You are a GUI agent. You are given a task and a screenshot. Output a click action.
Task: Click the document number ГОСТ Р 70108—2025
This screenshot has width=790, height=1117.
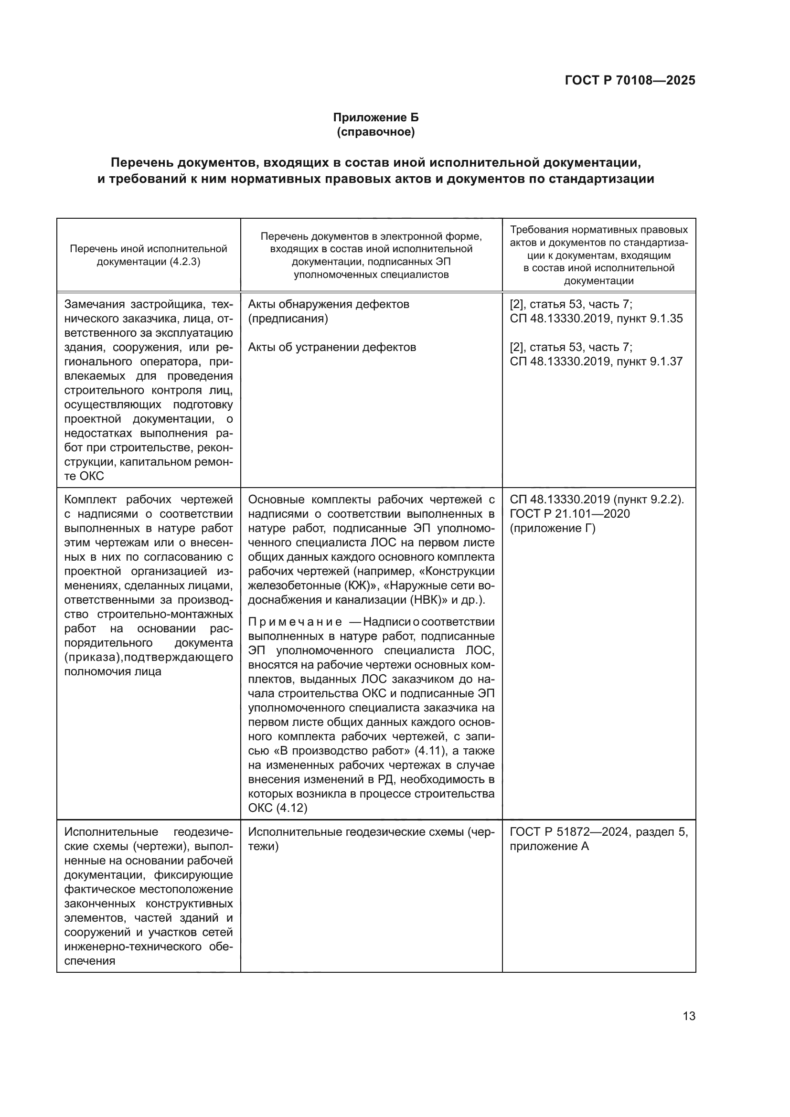pos(630,81)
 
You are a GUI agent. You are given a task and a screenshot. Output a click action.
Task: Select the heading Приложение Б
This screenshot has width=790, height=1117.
pos(375,118)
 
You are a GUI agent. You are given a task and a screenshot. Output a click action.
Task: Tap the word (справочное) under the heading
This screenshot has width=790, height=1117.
pos(375,132)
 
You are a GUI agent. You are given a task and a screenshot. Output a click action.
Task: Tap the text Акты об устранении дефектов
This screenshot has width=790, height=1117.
pos(332,347)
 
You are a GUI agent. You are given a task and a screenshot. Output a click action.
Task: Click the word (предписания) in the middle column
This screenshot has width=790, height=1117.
pos(288,319)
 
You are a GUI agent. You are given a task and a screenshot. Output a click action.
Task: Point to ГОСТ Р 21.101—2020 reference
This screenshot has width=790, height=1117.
pos(570,514)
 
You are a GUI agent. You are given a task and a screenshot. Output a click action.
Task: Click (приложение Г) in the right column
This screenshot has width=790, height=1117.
pos(553,528)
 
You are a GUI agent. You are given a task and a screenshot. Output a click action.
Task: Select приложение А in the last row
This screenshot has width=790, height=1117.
pos(549,847)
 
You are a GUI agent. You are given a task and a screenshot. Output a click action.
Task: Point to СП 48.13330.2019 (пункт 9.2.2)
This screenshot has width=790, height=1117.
pos(597,500)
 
